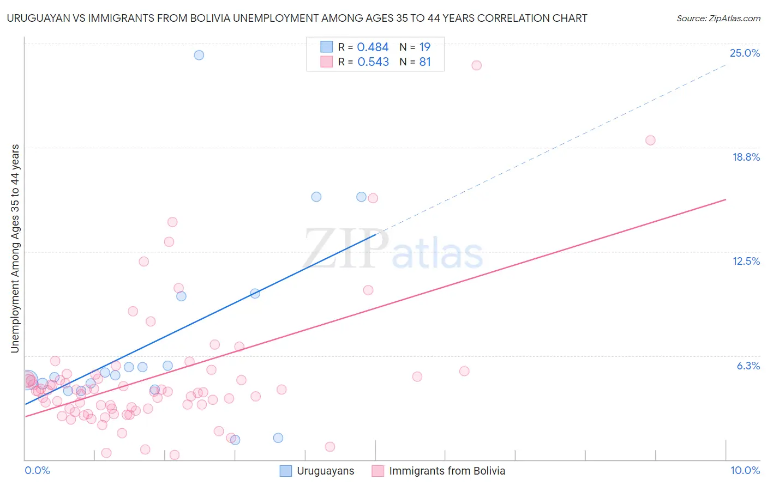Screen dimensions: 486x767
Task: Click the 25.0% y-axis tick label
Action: coord(745,53)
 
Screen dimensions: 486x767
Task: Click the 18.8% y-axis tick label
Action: coord(746,157)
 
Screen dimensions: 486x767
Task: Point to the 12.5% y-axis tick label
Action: coord(746,261)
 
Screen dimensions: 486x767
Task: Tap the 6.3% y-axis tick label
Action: coord(748,366)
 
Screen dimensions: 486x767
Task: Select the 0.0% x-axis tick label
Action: coord(37,470)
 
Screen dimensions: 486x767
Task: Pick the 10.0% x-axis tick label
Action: coord(745,470)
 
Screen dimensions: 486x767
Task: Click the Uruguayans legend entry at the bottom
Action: coord(325,471)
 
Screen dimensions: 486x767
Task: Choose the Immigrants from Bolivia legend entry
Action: coord(447,471)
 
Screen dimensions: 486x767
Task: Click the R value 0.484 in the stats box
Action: coord(373,47)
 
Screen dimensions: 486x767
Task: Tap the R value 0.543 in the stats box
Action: coord(373,62)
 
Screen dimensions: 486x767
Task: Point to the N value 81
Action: coord(425,62)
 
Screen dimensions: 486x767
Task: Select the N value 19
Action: coord(425,47)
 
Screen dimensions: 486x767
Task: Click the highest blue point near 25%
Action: coord(199,55)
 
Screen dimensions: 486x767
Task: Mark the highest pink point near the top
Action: coord(476,65)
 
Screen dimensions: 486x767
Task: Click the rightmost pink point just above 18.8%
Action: coord(650,140)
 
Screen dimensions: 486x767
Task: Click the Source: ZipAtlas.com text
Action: coord(718,19)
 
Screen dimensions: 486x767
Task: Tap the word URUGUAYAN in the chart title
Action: coord(35,19)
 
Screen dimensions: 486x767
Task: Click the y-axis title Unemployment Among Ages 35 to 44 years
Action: coord(15,248)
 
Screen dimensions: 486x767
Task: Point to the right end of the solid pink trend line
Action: coord(726,199)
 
